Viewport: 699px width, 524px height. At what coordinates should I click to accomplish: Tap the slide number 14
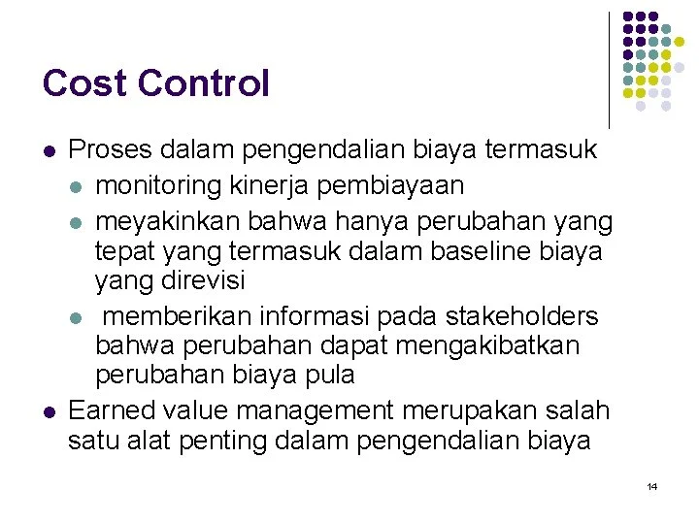tap(651, 486)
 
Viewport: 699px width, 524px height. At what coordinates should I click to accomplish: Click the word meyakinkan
tap(174, 221)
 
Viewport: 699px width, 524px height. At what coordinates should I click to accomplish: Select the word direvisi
tap(202, 282)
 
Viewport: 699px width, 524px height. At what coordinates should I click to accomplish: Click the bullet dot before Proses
tap(50, 152)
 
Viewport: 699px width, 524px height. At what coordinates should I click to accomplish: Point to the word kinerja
tap(287, 184)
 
